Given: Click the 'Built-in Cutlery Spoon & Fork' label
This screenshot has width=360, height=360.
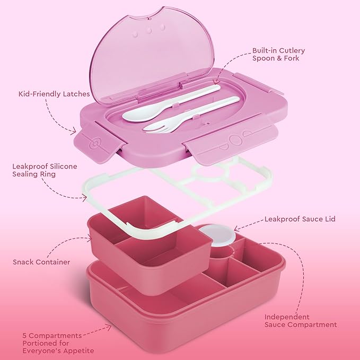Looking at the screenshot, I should tap(279, 54).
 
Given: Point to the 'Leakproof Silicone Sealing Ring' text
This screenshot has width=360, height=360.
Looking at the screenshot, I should tap(45, 170).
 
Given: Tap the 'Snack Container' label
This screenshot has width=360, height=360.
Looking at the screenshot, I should tap(41, 262).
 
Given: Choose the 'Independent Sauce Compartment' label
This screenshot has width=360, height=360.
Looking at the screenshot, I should tap(301, 320).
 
